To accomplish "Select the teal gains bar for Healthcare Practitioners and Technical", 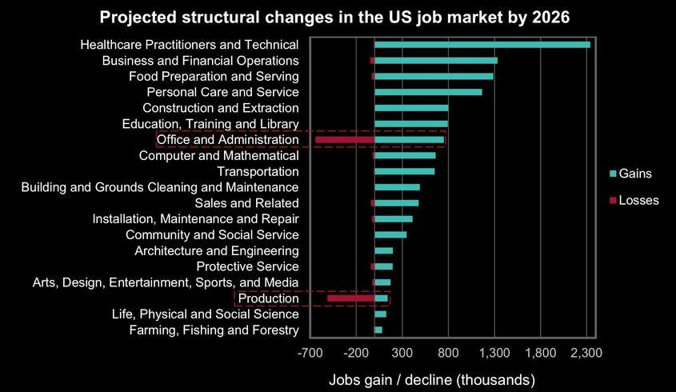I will (x=482, y=45).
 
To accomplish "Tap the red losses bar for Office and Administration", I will (x=345, y=140).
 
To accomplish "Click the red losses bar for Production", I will (x=351, y=298).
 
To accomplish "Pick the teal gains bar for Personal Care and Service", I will (x=428, y=92).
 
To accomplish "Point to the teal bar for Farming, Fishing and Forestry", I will (x=378, y=330).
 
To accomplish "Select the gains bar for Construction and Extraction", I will (x=411, y=108).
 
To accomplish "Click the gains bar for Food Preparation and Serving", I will (x=434, y=77).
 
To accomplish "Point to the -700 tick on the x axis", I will (x=310, y=353).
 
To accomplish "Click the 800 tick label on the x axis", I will (x=449, y=353).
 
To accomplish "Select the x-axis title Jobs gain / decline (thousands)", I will (x=432, y=378).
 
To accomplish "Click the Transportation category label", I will (x=258, y=171).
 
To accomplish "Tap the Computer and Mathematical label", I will (x=218, y=155).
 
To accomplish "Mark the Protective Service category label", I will (x=247, y=266).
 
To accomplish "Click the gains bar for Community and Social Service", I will (x=390, y=234).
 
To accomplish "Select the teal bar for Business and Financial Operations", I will (x=436, y=61).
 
